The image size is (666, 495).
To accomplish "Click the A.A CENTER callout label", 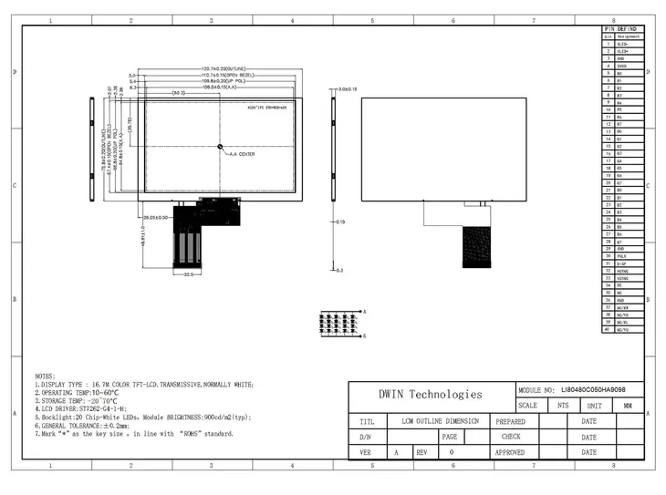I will point(242,154).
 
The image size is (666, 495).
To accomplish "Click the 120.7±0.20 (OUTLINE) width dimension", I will point(224,69).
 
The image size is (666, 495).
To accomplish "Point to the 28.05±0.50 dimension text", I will point(157,217).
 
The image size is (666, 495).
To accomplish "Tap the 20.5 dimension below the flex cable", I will point(189,273).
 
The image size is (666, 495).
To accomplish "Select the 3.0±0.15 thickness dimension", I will point(348,89).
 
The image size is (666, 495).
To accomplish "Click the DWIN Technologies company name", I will point(431,395).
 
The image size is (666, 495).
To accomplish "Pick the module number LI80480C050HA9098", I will point(599,388).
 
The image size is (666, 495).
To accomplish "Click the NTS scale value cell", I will point(563,405).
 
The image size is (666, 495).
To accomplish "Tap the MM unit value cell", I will point(627,405).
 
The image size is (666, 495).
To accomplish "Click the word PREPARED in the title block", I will point(510,421).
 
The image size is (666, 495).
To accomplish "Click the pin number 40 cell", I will point(608,329).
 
